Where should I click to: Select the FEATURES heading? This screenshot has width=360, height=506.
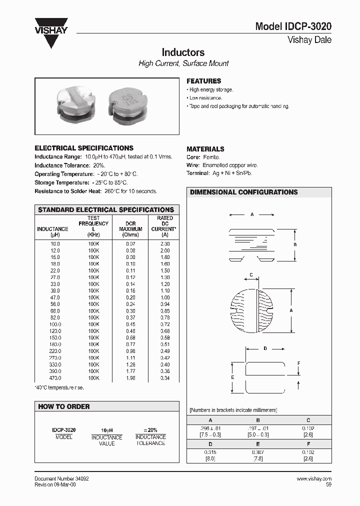coord(203,81)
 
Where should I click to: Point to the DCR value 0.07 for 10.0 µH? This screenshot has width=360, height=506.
coord(130,243)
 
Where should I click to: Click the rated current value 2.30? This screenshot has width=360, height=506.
coord(165,243)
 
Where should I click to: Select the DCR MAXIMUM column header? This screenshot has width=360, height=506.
coord(130,228)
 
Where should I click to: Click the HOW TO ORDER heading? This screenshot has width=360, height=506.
coord(64,406)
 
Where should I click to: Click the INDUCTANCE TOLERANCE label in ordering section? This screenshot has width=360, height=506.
coord(150,440)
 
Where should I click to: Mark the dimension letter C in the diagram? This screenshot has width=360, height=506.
coord(251,274)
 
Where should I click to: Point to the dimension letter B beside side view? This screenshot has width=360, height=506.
coord(295,244)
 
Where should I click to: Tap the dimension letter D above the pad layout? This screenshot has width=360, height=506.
coord(265,348)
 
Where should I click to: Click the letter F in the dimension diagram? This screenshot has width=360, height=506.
coord(298,363)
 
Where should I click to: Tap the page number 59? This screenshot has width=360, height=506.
coord(328,484)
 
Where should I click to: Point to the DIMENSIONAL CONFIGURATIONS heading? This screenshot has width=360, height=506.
coord(243,192)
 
